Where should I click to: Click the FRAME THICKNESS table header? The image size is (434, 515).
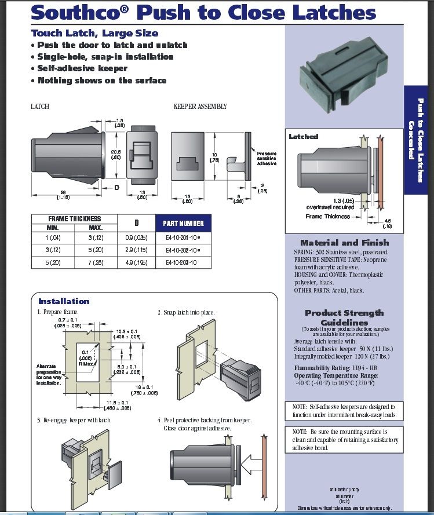click(x=74, y=219)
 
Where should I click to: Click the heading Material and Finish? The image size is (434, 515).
click(x=345, y=243)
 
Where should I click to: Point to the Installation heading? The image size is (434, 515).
click(x=64, y=301)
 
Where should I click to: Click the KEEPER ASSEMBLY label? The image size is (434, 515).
click(x=200, y=107)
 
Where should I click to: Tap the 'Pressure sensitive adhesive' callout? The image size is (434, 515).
click(x=267, y=158)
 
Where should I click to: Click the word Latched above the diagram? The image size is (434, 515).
click(x=304, y=137)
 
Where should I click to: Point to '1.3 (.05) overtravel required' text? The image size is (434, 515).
click(x=330, y=203)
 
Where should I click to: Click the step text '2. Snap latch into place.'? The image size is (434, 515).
click(x=186, y=312)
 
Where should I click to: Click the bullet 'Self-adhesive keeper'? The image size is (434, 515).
click(x=82, y=68)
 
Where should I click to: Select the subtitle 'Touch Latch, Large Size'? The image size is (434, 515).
click(x=94, y=34)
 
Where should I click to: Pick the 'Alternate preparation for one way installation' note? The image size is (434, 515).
click(x=49, y=374)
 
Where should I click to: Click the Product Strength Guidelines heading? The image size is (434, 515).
click(x=344, y=317)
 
